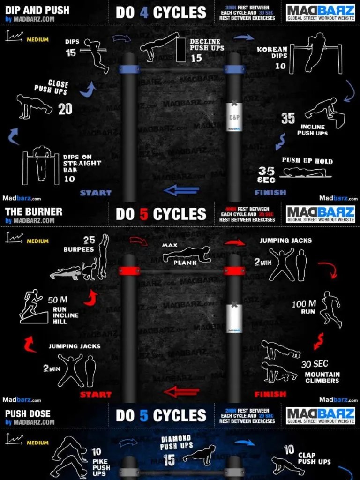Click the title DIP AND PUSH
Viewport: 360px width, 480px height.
click(37, 10)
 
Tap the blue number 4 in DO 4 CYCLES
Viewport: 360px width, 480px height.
click(144, 13)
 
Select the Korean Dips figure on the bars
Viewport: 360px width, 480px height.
click(315, 52)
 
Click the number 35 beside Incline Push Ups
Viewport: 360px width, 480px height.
click(288, 118)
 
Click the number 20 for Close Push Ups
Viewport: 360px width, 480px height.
click(65, 109)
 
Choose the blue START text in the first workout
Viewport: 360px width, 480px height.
click(96, 193)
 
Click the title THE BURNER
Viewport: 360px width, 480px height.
click(33, 211)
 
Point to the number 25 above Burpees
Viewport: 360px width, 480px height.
click(89, 240)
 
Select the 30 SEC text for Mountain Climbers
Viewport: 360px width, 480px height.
click(315, 364)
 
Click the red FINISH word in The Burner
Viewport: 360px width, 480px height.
click(270, 394)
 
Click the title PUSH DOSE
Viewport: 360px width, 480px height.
click(28, 413)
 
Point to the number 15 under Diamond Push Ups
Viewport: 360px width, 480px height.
click(169, 460)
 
